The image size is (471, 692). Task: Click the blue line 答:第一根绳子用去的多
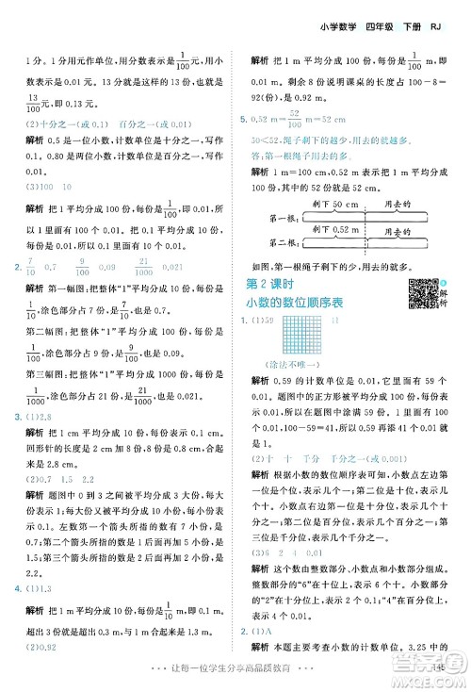click(301, 154)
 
